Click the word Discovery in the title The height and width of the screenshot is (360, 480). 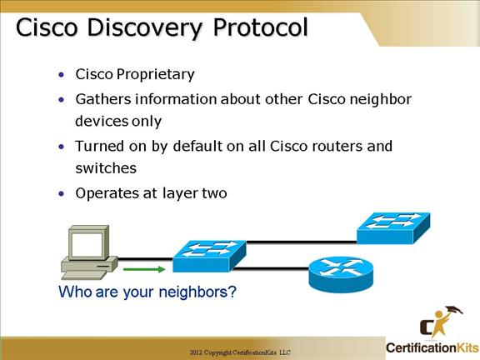coord(144,28)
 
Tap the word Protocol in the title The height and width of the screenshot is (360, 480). coord(260,27)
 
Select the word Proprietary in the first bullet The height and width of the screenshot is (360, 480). coord(155,75)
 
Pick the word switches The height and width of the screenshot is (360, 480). coord(106,168)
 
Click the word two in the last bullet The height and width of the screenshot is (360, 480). coord(215,194)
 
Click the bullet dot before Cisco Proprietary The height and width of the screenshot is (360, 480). coord(62,75)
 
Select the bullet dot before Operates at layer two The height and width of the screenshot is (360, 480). coord(62,194)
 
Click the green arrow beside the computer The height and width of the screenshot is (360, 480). coord(144,269)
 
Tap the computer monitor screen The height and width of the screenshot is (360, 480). coord(86,244)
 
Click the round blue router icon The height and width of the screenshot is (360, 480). coord(341,275)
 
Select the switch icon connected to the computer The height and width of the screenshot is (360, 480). coord(209,256)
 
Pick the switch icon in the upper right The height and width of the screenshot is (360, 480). coord(393,228)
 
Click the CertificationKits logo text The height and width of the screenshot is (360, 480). coord(432,348)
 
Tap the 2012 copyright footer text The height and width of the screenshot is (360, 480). coord(240,352)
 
